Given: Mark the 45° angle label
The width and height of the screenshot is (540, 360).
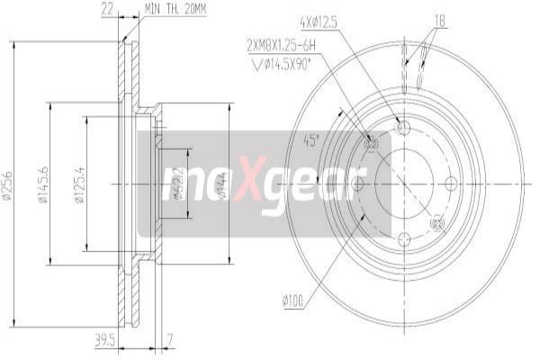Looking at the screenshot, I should (310, 141).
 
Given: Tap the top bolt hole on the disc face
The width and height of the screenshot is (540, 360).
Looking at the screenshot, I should (403, 128).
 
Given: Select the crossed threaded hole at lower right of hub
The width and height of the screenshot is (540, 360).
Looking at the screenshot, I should (437, 222).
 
